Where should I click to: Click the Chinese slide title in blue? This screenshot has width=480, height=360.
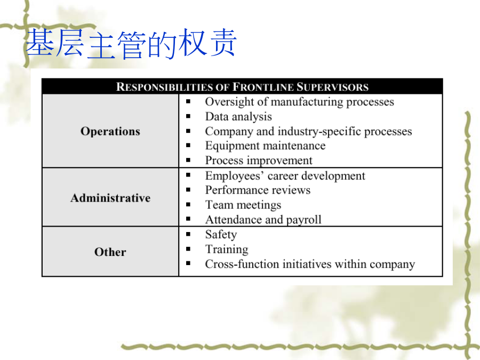click(x=131, y=44)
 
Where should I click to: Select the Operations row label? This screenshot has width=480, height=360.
click(x=110, y=132)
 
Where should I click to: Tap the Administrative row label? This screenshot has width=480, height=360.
click(x=110, y=198)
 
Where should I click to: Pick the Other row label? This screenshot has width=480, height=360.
click(x=110, y=252)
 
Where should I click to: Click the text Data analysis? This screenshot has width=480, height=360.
click(x=238, y=117)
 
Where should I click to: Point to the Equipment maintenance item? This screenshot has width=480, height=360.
click(x=265, y=146)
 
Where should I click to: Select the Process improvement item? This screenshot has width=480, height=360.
click(x=259, y=161)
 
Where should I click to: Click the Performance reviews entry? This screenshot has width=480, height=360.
click(x=258, y=190)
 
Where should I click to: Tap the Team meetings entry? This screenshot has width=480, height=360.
click(x=243, y=205)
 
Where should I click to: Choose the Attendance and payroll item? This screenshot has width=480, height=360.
click(x=263, y=220)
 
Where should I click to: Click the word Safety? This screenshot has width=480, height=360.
click(x=221, y=235)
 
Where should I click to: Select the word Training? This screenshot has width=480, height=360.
click(x=227, y=249)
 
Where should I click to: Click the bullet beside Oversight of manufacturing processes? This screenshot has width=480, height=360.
click(x=188, y=102)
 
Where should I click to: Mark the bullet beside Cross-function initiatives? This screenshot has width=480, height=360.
click(x=188, y=263)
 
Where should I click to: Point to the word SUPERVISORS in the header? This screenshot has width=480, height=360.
click(x=332, y=87)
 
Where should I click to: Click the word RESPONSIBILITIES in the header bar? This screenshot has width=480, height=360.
click(x=164, y=87)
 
